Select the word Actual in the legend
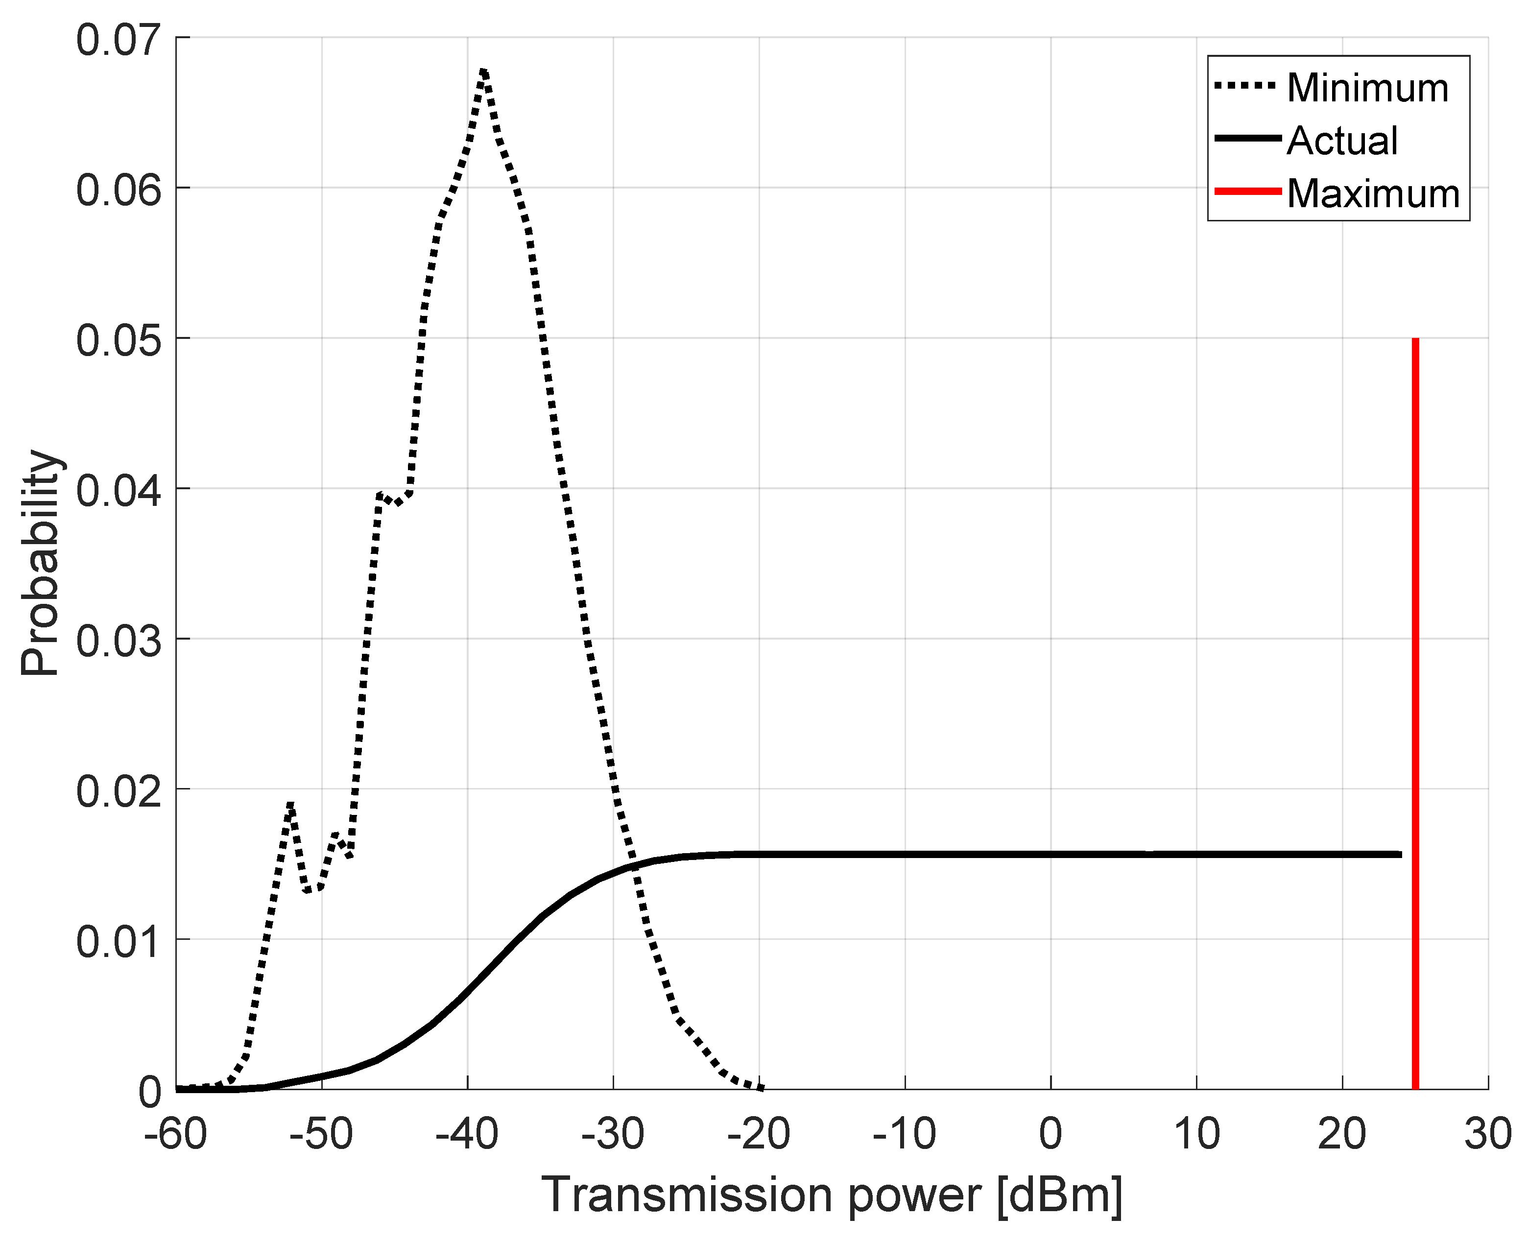pos(1341,141)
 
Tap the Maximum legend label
pos(1373,194)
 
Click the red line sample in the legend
pos(1246,192)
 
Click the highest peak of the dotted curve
pos(483,71)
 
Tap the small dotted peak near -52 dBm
pos(290,804)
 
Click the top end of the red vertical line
pos(1415,340)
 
